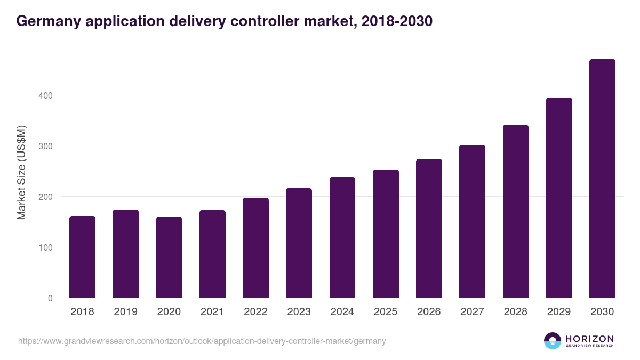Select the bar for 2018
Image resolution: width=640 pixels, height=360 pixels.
[x=82, y=257]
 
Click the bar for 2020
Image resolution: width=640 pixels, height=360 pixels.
[x=169, y=257]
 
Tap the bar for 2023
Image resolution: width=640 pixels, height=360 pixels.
[x=299, y=243]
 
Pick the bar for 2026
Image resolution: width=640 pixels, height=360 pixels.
[x=429, y=228]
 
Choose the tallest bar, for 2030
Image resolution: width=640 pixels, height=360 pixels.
[x=602, y=179]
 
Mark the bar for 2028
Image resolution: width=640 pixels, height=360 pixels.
[x=515, y=211]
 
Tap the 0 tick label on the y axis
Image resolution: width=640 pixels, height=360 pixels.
[x=50, y=298]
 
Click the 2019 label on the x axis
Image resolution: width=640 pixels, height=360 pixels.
[x=125, y=312]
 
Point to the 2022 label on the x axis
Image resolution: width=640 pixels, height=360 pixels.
[x=255, y=312]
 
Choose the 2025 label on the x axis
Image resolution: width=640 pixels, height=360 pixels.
[x=386, y=312]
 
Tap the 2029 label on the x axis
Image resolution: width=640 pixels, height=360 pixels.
[x=559, y=312]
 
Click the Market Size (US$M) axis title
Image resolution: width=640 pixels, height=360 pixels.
[x=21, y=172]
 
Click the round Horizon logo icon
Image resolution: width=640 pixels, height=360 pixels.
[x=553, y=341]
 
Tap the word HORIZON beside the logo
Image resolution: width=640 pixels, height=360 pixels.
[x=589, y=338]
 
